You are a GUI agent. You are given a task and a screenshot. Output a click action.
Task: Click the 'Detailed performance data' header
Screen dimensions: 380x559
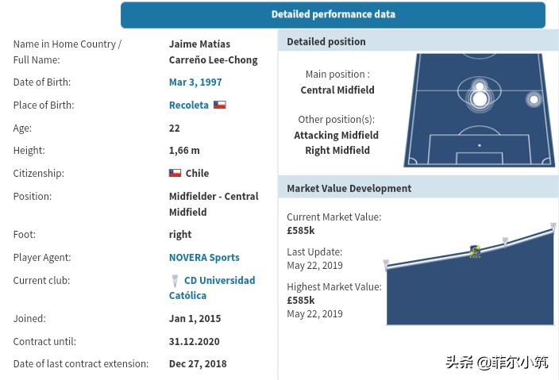[333, 14]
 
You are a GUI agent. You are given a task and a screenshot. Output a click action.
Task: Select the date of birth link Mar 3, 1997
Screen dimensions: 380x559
[195, 82]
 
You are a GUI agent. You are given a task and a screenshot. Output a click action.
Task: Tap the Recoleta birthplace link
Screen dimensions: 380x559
[188, 105]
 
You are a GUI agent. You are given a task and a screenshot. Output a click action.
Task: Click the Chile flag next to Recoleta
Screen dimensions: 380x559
[220, 105]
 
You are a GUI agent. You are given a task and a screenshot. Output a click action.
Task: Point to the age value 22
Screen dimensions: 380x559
[174, 128]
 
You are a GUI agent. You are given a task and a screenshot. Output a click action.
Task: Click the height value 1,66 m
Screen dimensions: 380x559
[184, 150]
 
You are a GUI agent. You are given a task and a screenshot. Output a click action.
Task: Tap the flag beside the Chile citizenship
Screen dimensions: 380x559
[175, 173]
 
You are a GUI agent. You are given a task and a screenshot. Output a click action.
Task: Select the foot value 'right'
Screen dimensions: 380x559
[179, 234]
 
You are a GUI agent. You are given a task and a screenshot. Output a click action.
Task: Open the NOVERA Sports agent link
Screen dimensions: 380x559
[203, 257]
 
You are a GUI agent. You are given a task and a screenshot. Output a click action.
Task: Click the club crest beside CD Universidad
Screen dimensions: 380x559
[175, 281]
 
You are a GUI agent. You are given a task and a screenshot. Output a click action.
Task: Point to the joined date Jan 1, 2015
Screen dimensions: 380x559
[195, 318]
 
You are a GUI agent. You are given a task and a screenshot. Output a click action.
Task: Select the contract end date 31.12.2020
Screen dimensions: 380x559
[194, 341]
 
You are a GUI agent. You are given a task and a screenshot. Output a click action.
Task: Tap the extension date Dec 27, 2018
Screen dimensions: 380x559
[197, 363]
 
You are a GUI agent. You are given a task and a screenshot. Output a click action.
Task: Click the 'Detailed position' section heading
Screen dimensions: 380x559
[326, 41]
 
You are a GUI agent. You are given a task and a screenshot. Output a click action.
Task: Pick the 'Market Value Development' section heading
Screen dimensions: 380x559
[349, 188]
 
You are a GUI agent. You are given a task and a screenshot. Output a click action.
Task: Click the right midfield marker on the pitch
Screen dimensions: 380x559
[534, 99]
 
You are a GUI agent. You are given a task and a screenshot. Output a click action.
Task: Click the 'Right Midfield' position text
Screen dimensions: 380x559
[337, 150]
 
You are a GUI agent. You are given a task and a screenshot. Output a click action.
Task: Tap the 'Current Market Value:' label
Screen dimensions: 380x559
[333, 217]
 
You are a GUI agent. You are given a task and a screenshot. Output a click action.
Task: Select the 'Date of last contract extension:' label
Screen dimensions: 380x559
[80, 363]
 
